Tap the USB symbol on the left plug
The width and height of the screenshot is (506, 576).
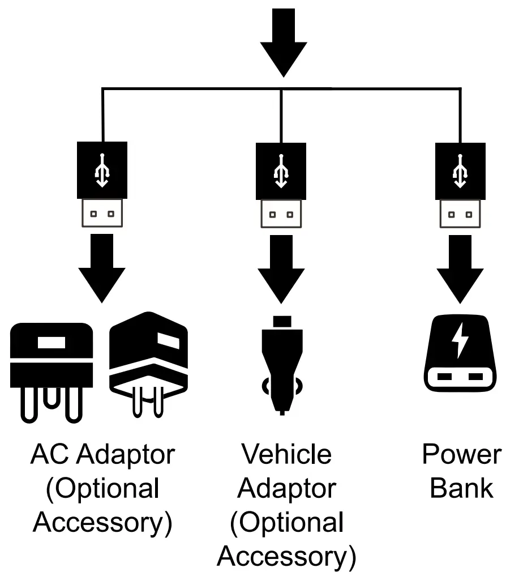click(102, 170)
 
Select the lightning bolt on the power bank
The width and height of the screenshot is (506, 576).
click(460, 340)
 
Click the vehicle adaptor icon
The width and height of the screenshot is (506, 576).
click(281, 368)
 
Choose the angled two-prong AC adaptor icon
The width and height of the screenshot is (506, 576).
click(148, 362)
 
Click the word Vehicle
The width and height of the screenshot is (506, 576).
click(286, 454)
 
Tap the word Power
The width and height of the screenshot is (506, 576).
click(461, 454)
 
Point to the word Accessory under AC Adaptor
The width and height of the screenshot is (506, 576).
click(102, 522)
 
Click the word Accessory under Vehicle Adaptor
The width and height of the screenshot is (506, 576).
click(286, 556)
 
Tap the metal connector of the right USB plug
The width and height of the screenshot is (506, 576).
click(460, 214)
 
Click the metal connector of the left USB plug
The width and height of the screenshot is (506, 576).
click(102, 213)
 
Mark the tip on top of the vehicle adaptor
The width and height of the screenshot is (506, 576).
click(281, 322)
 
